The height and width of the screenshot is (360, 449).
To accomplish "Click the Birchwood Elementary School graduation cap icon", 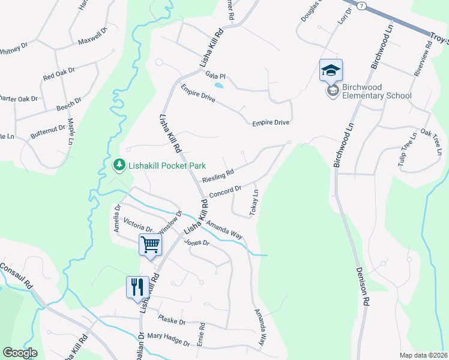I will [x=331, y=70].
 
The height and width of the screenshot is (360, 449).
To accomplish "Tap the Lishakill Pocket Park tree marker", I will [x=119, y=164].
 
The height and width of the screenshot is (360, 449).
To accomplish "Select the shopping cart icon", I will [x=150, y=244].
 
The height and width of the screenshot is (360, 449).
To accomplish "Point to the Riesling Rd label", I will [x=217, y=176].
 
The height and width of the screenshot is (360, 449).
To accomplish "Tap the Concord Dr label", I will [x=225, y=191].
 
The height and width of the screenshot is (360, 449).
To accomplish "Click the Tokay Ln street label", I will [x=255, y=204].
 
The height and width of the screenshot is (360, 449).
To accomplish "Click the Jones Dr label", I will [x=196, y=243].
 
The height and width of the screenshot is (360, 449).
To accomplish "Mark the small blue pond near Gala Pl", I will [x=218, y=86].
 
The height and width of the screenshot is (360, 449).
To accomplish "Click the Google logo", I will [x=20, y=352].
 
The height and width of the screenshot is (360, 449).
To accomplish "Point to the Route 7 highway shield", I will [x=361, y=5].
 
